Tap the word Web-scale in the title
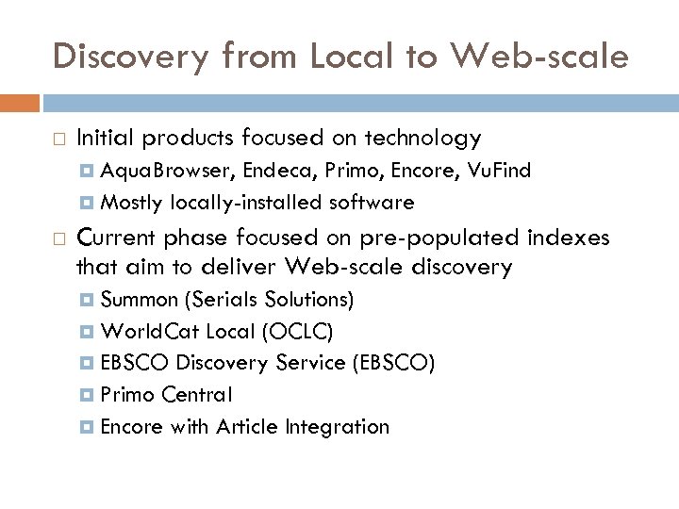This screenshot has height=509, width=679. (540, 57)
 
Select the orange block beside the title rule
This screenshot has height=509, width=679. (20, 103)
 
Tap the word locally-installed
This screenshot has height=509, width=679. (246, 203)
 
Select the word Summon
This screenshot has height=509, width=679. (139, 301)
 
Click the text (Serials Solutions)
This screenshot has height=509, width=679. (270, 301)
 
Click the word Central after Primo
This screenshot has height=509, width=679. (200, 395)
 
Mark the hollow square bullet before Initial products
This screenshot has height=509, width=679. (58, 140)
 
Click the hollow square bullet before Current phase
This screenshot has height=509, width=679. (58, 238)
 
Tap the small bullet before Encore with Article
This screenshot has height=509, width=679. (87, 427)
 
